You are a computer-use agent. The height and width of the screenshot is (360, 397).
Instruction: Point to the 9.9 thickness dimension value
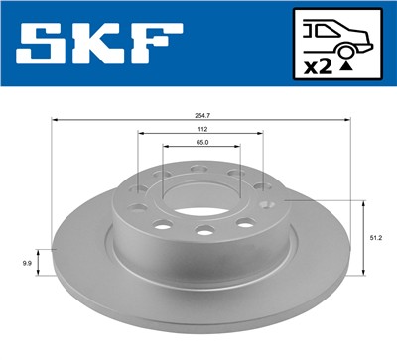pos(27,263)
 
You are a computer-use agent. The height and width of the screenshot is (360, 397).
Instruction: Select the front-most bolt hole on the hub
pos(204,232)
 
